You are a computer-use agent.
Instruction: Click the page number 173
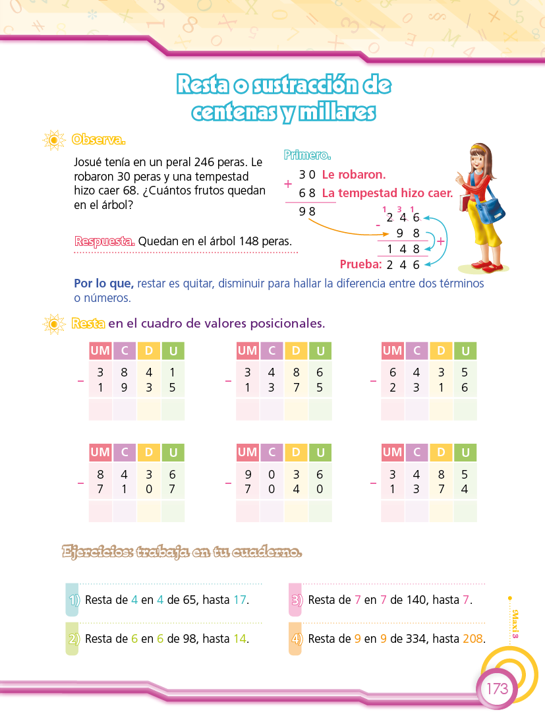(x=498, y=689)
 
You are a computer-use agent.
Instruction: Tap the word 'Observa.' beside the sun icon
(x=99, y=140)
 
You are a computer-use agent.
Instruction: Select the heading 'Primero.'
(x=307, y=156)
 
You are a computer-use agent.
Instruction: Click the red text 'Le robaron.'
(x=353, y=175)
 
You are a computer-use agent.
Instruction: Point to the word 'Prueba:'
(x=361, y=265)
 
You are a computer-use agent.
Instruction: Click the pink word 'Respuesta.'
(x=105, y=241)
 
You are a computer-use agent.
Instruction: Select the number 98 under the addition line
(x=307, y=212)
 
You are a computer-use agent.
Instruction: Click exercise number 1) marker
(x=74, y=601)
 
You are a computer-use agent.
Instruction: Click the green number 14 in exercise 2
(x=240, y=639)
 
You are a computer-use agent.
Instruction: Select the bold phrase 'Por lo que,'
(x=104, y=283)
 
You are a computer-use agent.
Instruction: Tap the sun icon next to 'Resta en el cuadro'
(x=53, y=324)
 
